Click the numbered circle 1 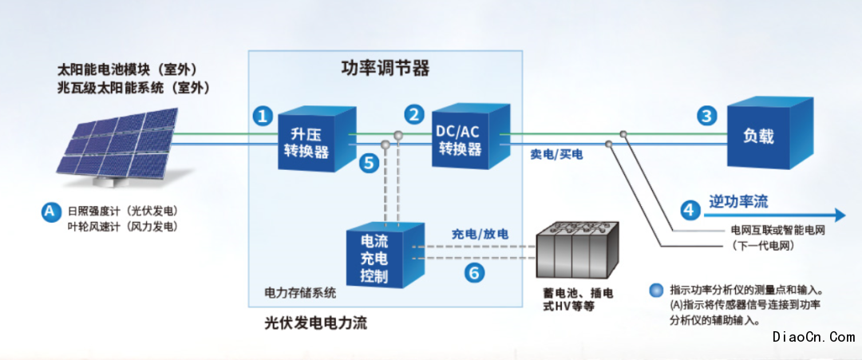click(x=263, y=116)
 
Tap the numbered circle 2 click(x=414, y=114)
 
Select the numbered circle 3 click(x=707, y=116)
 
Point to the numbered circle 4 click(x=691, y=209)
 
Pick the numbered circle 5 click(x=368, y=163)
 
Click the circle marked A click(x=50, y=212)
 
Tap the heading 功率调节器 click(x=386, y=69)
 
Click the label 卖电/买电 click(x=556, y=156)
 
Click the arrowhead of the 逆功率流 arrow click(x=840, y=215)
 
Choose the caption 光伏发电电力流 click(x=315, y=323)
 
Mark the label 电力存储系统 click(x=299, y=292)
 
